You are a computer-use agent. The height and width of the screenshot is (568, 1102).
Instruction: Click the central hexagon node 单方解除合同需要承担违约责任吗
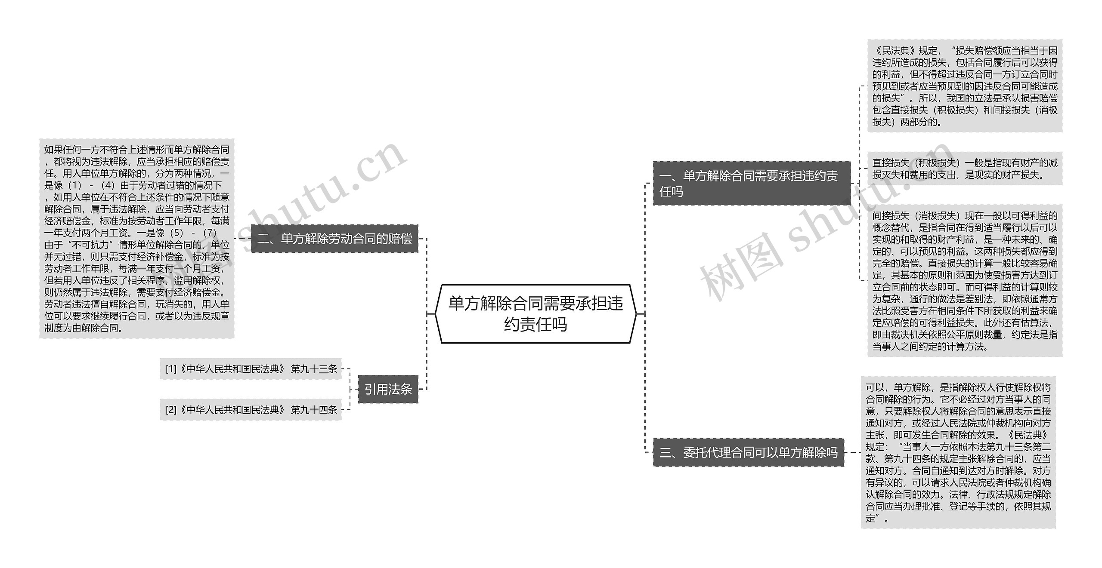(536, 314)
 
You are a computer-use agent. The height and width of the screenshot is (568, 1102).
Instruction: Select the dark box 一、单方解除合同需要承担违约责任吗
(752, 183)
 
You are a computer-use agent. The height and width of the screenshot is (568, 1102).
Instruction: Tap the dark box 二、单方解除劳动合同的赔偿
(334, 239)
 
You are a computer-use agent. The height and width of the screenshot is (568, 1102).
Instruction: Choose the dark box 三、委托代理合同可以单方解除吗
(749, 452)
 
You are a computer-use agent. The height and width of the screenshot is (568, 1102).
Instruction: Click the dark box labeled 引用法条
(388, 389)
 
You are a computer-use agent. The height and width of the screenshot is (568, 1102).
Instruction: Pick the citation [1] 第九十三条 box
(251, 369)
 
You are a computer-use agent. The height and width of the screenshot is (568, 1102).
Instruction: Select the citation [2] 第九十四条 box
(251, 410)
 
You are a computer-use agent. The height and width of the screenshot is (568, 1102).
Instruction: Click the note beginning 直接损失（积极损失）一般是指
(965, 169)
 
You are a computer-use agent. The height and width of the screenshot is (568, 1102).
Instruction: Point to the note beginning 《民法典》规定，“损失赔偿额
(965, 86)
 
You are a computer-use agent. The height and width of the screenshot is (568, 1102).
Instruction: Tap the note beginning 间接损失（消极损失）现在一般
(965, 280)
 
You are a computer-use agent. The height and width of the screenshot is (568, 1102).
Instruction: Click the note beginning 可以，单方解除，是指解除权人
(958, 452)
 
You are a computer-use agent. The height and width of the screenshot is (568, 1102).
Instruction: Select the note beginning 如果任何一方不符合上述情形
(136, 239)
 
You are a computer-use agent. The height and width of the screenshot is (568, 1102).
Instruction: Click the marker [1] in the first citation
(171, 369)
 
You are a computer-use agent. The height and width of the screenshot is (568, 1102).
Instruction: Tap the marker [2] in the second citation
(171, 410)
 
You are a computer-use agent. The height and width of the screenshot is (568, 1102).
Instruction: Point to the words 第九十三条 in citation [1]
(314, 369)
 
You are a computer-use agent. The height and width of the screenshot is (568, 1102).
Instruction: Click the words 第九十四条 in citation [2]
(314, 410)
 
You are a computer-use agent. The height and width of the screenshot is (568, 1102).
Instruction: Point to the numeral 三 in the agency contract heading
(666, 453)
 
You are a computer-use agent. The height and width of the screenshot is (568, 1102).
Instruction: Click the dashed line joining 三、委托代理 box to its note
(852, 452)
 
